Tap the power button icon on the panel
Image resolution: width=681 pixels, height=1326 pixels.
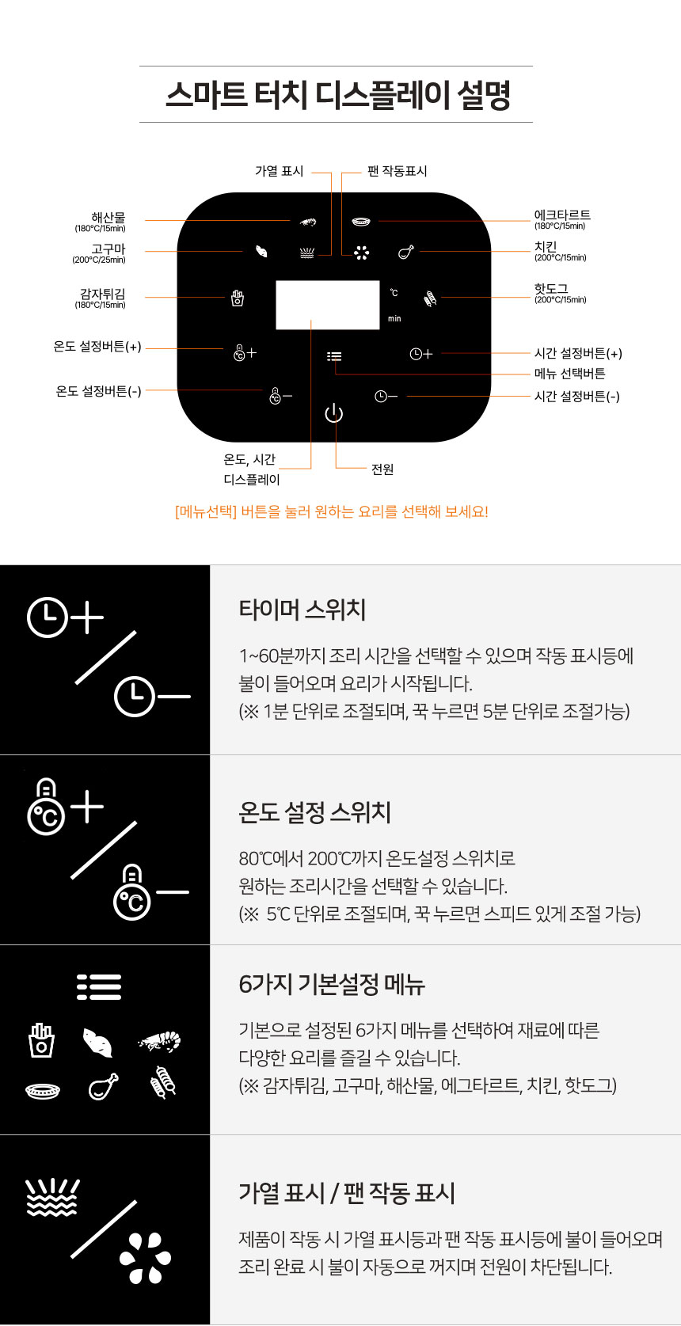[334, 412]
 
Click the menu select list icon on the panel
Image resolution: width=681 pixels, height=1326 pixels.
[334, 355]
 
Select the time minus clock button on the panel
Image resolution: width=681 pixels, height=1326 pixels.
[386, 396]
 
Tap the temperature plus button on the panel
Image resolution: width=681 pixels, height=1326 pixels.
[245, 352]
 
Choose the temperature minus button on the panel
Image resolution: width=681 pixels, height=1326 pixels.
[280, 396]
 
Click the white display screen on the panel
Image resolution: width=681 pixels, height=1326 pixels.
[328, 305]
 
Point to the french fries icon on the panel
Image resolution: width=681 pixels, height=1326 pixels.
[237, 298]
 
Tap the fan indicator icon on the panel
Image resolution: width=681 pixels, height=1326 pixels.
[361, 253]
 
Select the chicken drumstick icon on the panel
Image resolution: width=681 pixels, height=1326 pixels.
[405, 253]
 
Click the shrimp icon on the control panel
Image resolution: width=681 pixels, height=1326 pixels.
[307, 222]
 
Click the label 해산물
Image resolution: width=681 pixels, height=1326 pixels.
[108, 217]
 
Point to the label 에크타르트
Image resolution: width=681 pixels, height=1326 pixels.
[562, 215]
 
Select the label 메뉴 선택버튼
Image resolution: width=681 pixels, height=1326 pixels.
[569, 374]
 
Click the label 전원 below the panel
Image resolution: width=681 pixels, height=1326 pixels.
[382, 469]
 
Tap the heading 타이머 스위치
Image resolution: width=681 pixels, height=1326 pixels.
[302, 610]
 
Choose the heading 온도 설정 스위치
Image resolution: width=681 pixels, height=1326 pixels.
[314, 812]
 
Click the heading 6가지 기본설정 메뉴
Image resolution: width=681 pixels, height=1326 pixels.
[332, 984]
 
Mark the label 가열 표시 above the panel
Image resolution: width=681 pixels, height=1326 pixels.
[279, 171]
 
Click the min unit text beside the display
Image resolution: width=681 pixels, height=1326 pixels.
[394, 318]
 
